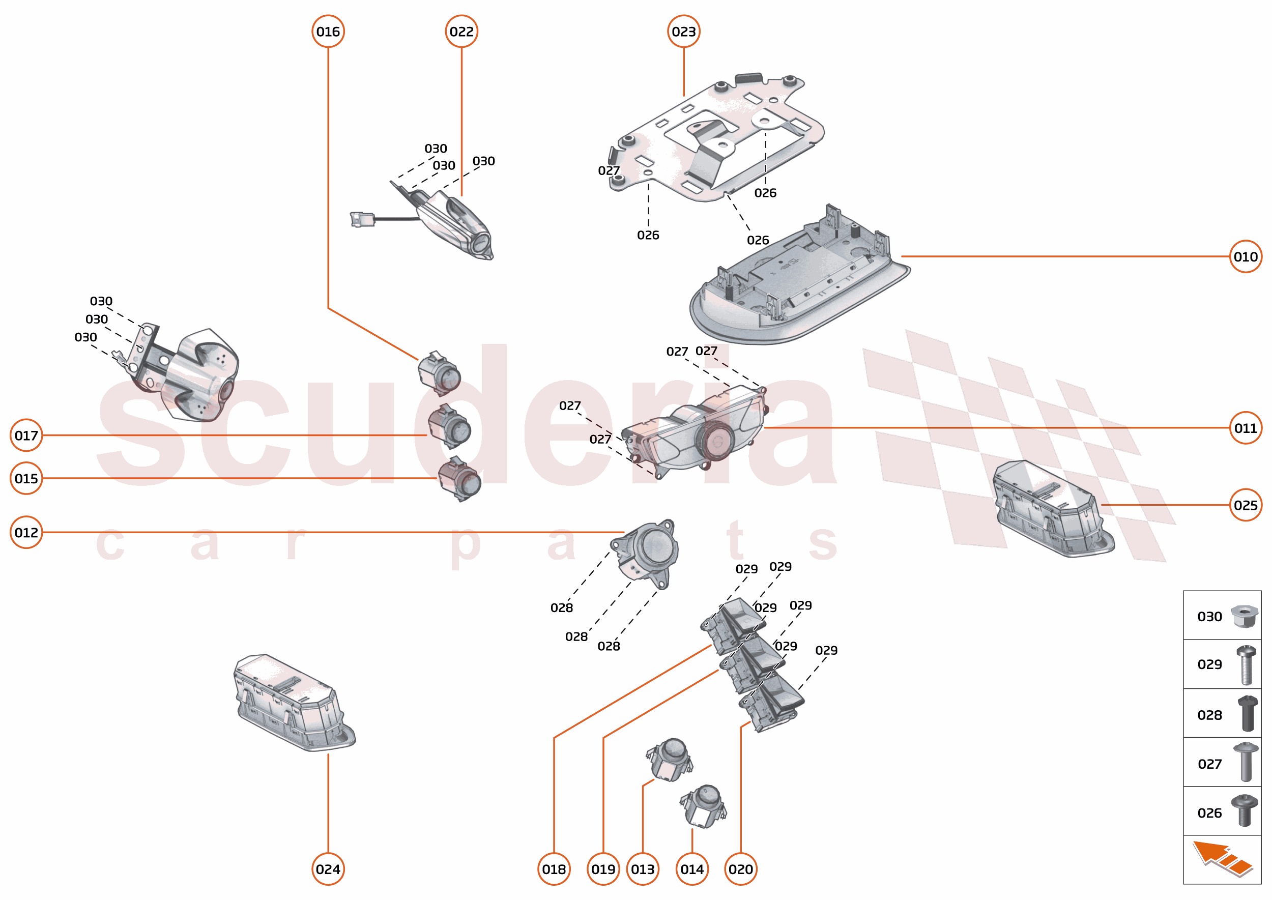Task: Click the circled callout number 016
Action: point(328,32)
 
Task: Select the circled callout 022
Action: point(461,32)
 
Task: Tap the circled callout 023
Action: point(683,32)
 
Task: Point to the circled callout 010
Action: point(1246,256)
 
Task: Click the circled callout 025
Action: point(1246,505)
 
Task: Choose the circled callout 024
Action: point(328,869)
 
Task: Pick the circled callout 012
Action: point(26,532)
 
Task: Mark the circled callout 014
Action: point(691,869)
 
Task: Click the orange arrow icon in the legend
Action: point(1222,859)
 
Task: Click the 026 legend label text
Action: point(1209,813)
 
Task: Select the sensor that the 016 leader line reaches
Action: point(439,374)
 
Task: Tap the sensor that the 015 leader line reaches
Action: point(459,479)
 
